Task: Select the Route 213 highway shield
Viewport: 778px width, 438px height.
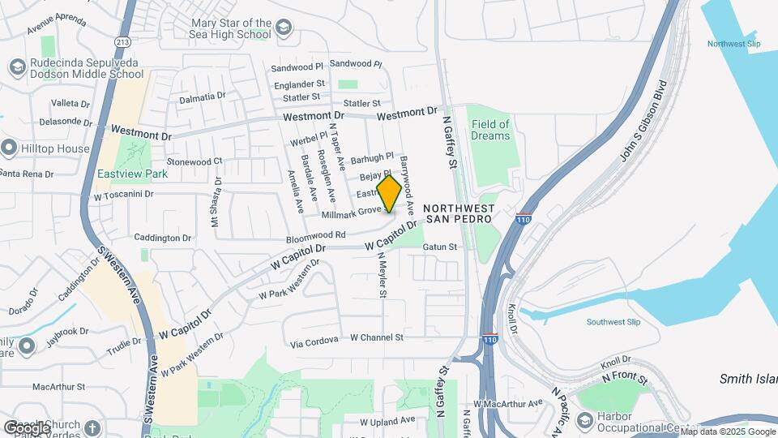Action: [122, 41]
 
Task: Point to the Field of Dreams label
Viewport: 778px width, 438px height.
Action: [491, 130]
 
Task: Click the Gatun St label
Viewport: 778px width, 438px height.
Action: [441, 246]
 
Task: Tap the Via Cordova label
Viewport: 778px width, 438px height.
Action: [314, 341]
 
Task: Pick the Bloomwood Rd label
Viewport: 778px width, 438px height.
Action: [316, 237]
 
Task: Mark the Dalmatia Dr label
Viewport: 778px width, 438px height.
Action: [202, 97]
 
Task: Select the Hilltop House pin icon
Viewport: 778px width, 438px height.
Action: [10, 148]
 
